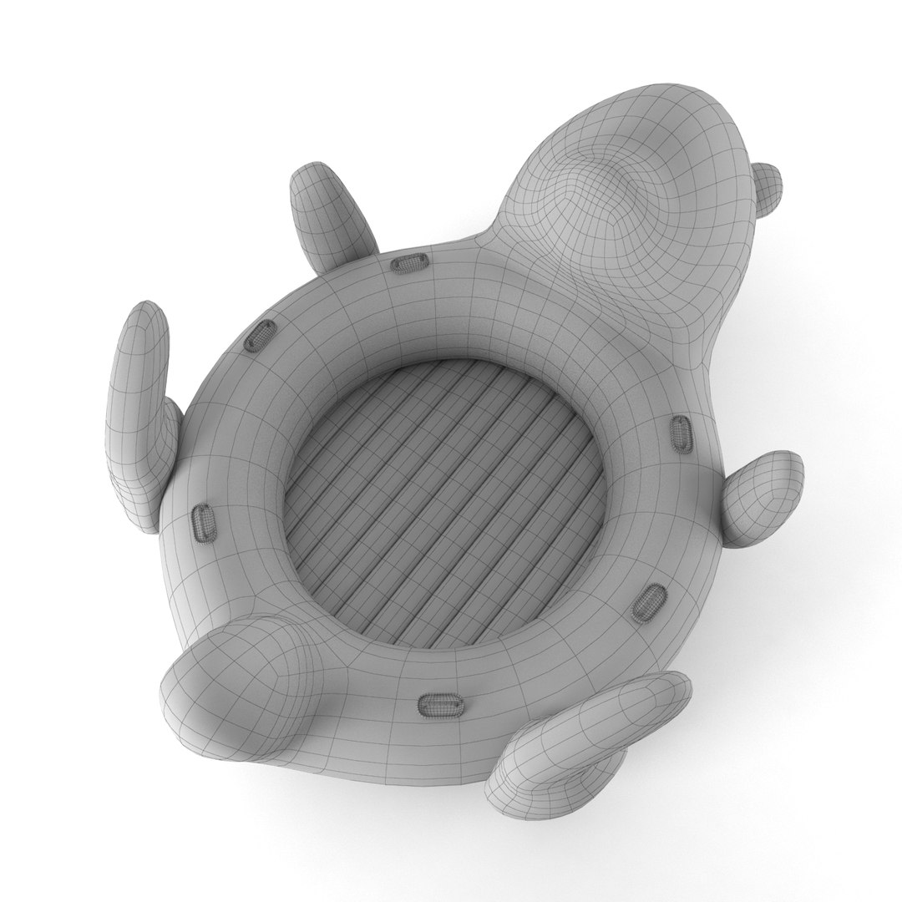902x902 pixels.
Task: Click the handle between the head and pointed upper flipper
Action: click(408, 264)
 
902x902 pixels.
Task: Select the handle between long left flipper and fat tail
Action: click(203, 523)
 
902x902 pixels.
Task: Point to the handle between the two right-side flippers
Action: click(647, 601)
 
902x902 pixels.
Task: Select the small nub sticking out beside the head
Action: click(767, 185)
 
